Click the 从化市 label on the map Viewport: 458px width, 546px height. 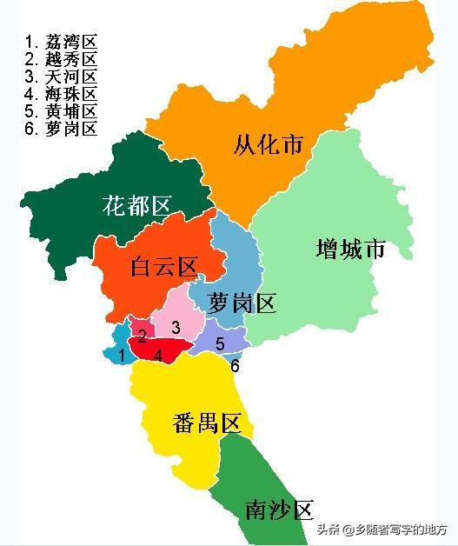[x=269, y=144]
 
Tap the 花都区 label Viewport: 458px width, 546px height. [x=136, y=206]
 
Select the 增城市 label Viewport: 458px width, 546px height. [x=350, y=250]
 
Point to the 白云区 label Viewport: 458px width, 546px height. [x=163, y=268]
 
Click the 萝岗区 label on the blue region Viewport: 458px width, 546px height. [x=242, y=303]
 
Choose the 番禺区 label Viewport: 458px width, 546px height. [x=206, y=424]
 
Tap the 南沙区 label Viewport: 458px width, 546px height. [x=278, y=509]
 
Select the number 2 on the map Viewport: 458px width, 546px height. [x=142, y=335]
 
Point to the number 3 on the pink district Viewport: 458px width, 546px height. [x=176, y=327]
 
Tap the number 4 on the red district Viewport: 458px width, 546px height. [x=157, y=355]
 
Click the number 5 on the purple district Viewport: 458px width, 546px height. [x=220, y=343]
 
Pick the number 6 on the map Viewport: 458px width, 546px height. [x=235, y=366]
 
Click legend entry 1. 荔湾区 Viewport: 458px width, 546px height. [x=61, y=42]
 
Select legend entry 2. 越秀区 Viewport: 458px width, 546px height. [x=61, y=59]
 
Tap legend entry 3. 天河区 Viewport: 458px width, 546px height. [x=61, y=77]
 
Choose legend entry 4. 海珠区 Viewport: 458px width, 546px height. [x=61, y=94]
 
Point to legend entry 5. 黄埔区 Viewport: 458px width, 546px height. [x=61, y=111]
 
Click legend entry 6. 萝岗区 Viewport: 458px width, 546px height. [x=61, y=129]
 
